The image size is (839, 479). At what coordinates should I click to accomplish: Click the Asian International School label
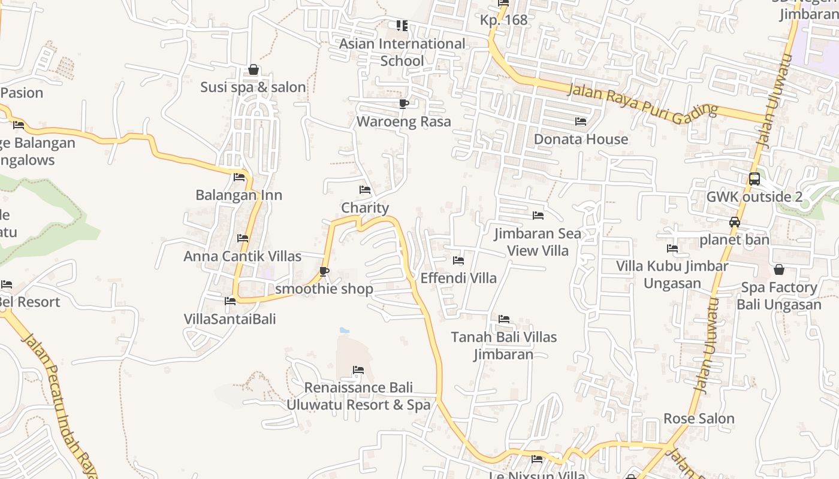coord(402,52)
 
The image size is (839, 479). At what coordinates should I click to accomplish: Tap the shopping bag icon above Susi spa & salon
coord(253,69)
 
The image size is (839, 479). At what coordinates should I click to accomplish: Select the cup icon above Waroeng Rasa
coord(404,104)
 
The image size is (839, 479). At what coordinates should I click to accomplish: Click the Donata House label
coord(581,139)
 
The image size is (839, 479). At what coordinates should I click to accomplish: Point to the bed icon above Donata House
coord(581,122)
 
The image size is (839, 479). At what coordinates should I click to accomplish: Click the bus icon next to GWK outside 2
coord(755,178)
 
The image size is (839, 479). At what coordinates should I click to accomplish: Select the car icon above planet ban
coord(735,222)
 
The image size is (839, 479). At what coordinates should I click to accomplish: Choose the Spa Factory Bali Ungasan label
coord(778,296)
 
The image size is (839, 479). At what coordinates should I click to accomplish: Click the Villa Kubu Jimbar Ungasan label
coord(672,274)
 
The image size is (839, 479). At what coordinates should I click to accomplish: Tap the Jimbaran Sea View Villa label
coord(538,242)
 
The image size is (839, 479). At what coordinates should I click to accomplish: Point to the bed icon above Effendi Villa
coord(458,260)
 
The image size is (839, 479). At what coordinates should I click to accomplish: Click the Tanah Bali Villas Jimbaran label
coord(503,345)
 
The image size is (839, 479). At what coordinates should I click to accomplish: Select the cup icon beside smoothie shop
coord(324,272)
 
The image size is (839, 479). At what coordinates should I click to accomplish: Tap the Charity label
coord(365,208)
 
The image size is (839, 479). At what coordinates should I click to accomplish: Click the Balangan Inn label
coord(239,195)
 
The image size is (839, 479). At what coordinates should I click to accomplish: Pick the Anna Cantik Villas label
coord(242,256)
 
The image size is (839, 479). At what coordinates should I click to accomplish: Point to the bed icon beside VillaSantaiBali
coord(230,301)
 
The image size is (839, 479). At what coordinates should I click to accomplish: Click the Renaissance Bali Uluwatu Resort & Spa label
coord(358,396)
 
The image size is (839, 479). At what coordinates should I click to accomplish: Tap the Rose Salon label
coord(699,419)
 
